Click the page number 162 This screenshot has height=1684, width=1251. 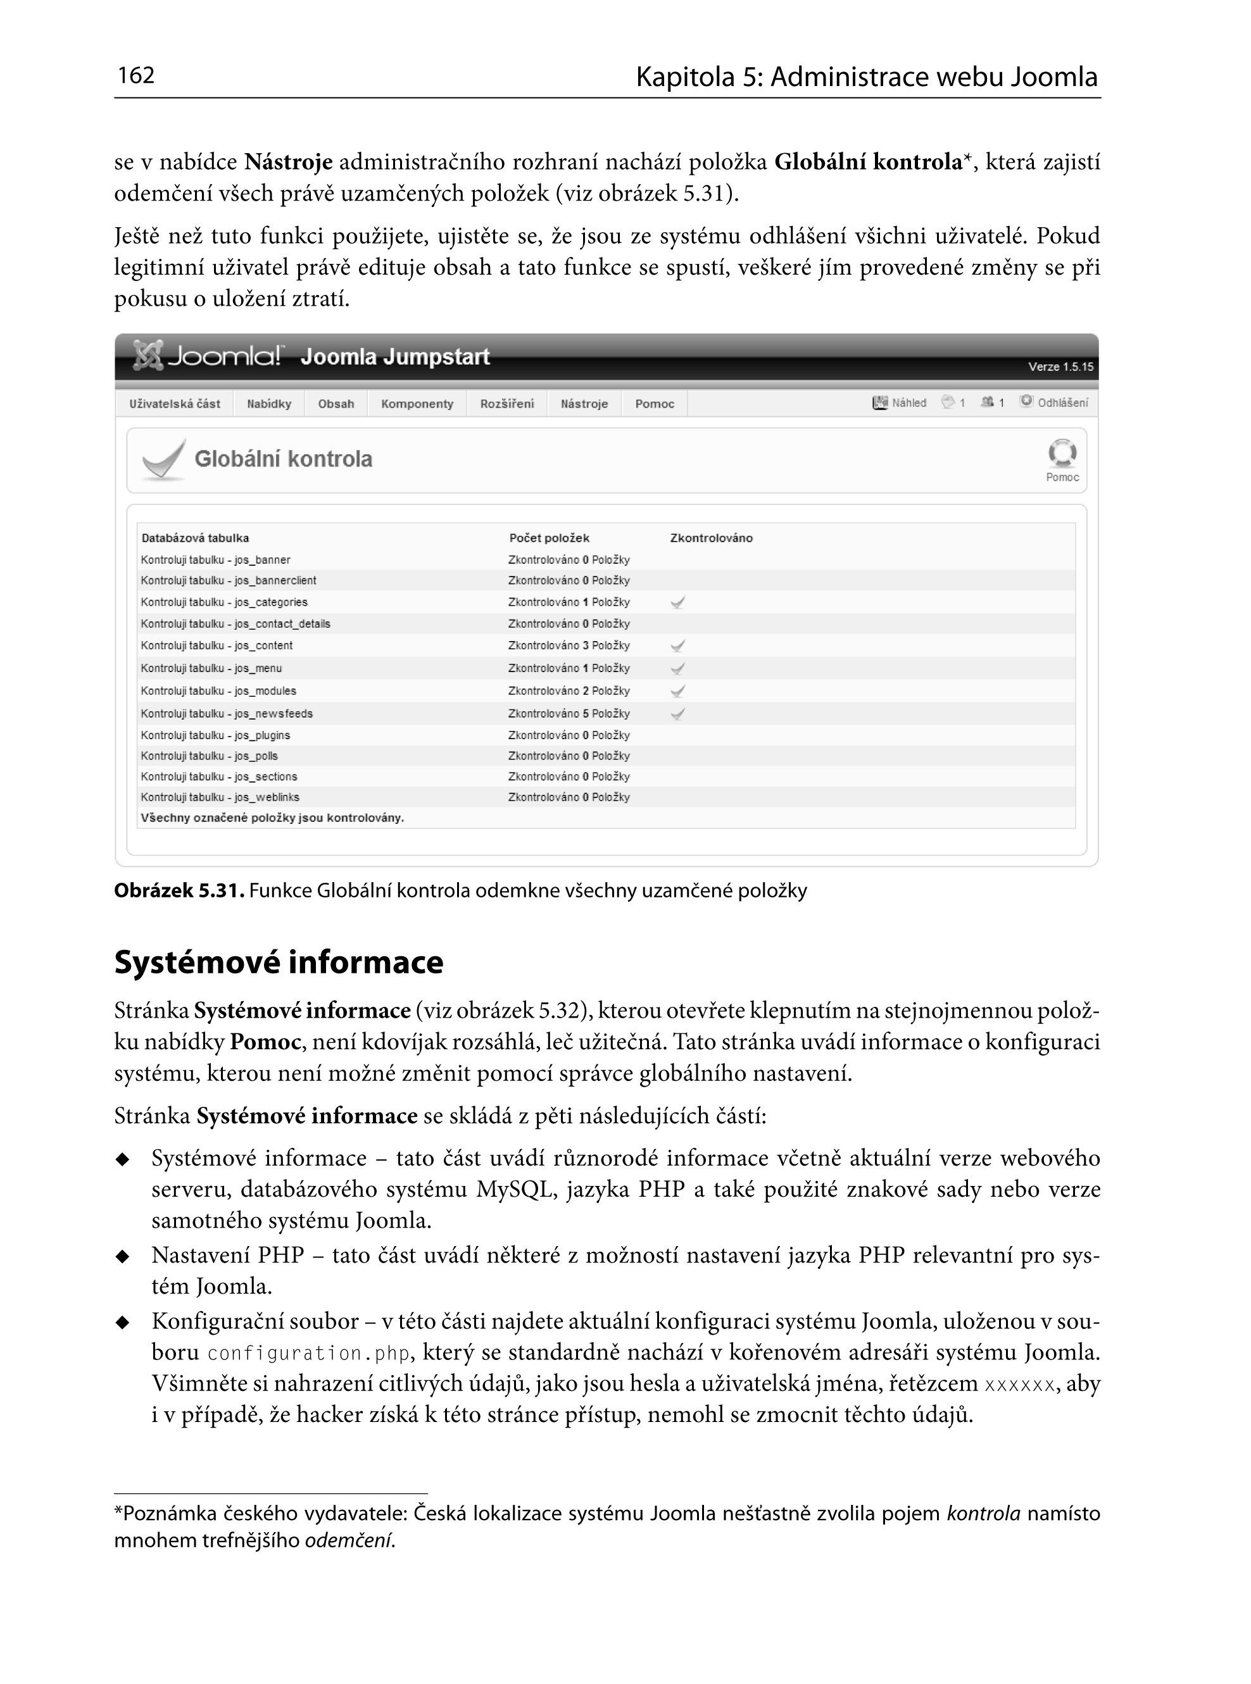(136, 76)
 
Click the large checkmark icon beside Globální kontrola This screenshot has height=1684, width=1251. (163, 459)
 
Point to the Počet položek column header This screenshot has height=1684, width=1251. (549, 538)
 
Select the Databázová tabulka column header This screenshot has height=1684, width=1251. (196, 538)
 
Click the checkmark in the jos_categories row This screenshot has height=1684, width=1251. (679, 602)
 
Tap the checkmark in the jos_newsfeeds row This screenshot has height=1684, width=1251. (679, 714)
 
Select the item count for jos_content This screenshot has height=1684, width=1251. (569, 646)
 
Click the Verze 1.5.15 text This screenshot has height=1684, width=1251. (1060, 367)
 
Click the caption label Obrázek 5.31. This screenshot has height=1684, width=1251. (179, 891)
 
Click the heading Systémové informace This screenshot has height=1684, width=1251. (279, 962)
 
